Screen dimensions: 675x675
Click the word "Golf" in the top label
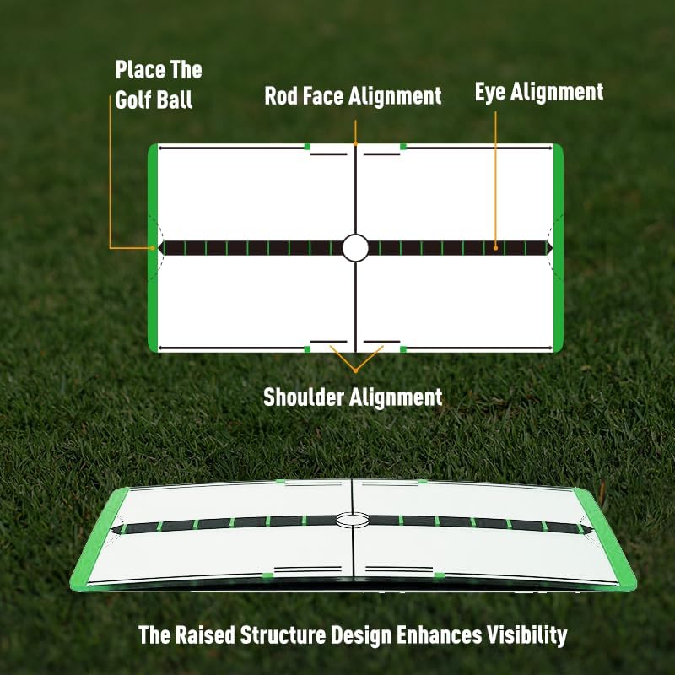(x=132, y=100)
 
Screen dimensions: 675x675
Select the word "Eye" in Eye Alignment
(x=490, y=92)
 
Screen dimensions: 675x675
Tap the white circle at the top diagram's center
(x=355, y=248)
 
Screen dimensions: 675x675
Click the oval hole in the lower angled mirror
(x=353, y=519)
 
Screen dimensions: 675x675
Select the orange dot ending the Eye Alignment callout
(x=495, y=248)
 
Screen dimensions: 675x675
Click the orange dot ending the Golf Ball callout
(x=153, y=248)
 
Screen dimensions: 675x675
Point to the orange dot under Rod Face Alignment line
(x=355, y=143)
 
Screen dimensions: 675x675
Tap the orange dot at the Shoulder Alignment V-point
(x=355, y=370)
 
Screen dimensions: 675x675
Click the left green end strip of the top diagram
(x=153, y=248)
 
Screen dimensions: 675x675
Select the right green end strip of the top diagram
(x=558, y=248)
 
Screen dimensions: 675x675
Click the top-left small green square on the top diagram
(x=307, y=147)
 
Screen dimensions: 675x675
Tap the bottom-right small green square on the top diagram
(x=403, y=348)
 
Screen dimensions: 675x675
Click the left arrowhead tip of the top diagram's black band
(x=159, y=248)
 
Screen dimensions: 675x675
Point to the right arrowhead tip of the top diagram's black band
(x=553, y=248)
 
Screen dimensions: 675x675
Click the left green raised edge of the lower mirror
(x=100, y=538)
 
